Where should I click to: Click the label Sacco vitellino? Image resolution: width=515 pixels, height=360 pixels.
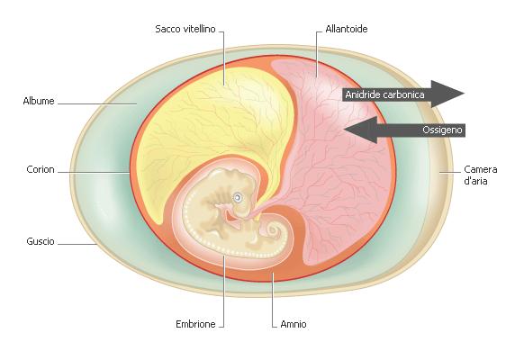tap(185, 29)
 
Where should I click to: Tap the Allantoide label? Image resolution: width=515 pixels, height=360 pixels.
tap(346, 29)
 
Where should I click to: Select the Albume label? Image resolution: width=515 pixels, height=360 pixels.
tap(39, 101)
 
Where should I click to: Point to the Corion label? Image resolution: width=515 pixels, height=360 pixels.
tap(41, 169)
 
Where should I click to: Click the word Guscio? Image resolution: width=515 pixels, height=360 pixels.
tap(41, 241)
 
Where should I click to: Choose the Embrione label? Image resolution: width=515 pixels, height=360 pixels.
tap(195, 324)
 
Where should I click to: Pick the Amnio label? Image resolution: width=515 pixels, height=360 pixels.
tap(294, 324)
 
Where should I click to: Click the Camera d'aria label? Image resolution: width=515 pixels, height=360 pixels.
tap(480, 175)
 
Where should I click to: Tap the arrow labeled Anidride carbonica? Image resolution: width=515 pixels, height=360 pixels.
tap(403, 94)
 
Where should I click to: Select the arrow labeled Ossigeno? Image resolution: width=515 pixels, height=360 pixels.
tap(404, 130)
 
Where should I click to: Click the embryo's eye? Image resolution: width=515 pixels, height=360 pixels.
tap(237, 198)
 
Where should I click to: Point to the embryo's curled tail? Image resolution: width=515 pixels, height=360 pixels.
tap(272, 230)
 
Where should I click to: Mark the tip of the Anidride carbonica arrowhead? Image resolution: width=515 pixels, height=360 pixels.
tap(465, 94)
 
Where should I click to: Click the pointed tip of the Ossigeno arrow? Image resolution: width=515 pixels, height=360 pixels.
tap(344, 130)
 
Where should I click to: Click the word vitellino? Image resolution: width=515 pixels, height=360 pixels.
tap(200, 29)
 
